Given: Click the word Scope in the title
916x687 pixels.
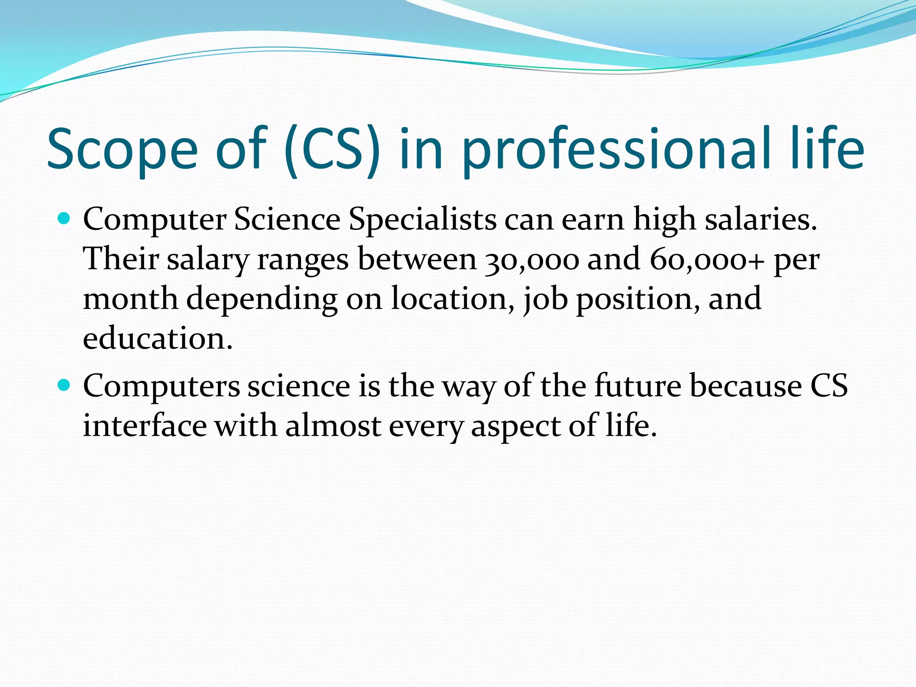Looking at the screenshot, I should [122, 150].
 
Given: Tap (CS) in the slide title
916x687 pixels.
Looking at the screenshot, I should [332, 150].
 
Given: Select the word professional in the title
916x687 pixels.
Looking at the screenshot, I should [617, 150].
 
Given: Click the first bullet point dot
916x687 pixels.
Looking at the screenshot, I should [64, 219].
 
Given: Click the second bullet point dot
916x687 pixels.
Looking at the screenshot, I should [64, 385].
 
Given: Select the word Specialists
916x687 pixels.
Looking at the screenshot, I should [422, 220].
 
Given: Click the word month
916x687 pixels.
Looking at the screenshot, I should [130, 299].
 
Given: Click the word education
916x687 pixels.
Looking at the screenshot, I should [157, 339].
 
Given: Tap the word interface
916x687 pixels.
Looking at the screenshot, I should [144, 425].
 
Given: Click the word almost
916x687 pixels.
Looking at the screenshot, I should [333, 425].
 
